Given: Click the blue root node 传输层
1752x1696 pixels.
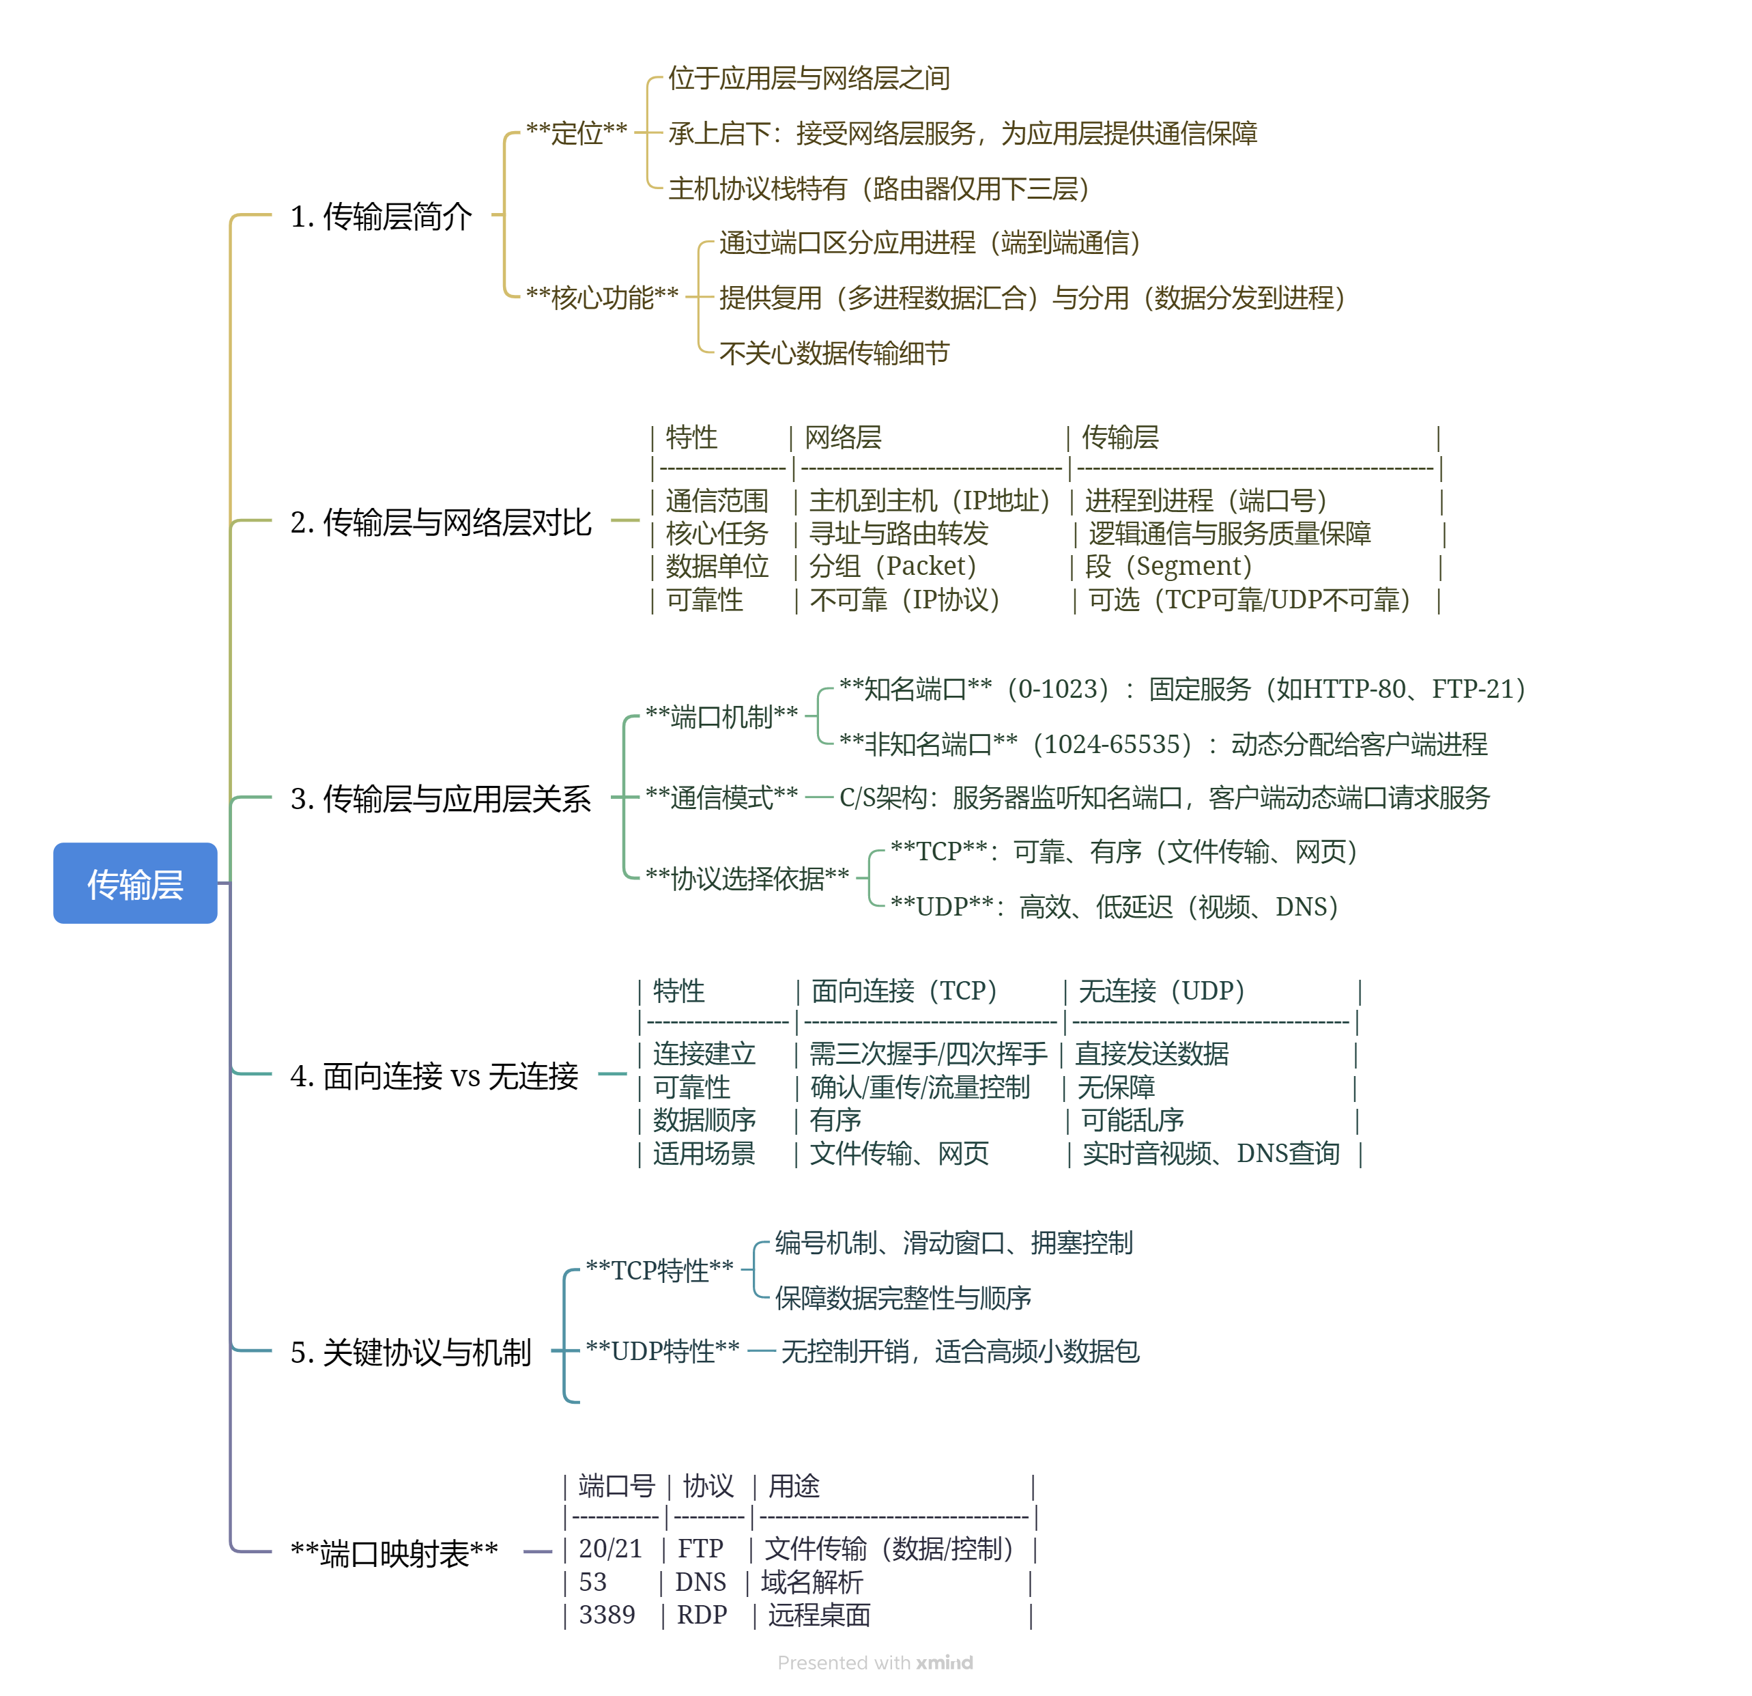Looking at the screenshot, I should (x=135, y=884).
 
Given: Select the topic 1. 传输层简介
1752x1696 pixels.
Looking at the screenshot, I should (x=381, y=216).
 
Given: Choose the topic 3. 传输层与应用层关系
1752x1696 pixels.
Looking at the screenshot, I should (x=441, y=798).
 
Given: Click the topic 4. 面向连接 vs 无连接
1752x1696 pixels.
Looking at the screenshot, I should (x=435, y=1075).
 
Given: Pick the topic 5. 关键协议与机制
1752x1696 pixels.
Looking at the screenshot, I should (x=410, y=1352).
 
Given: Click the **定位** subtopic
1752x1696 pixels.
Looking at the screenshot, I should (x=577, y=133).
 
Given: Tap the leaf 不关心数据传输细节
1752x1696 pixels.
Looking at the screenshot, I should (x=834, y=353).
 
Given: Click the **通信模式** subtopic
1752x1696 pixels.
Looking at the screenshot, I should (x=721, y=797).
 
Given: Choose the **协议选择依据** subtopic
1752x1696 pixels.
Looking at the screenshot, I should (x=747, y=879).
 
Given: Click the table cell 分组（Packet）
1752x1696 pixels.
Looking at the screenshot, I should (x=892, y=566).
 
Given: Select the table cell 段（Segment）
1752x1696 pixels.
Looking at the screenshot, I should (x=1168, y=566).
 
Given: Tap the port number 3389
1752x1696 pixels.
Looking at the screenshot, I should (x=607, y=1615).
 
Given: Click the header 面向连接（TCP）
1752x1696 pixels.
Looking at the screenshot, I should (x=904, y=991).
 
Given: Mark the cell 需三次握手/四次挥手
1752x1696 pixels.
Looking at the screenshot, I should (x=928, y=1054).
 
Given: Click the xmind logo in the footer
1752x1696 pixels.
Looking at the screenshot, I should (x=944, y=1663).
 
